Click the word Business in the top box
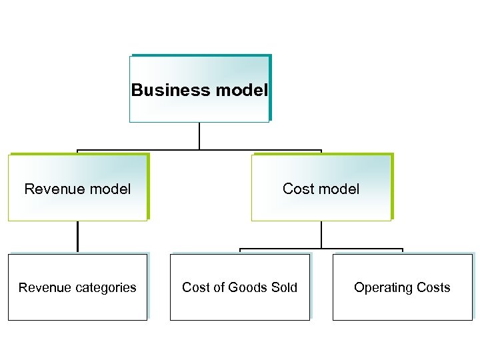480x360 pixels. click(162, 90)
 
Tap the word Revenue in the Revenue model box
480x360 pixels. click(51, 189)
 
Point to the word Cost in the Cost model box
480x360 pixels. click(296, 189)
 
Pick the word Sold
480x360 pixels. click(285, 288)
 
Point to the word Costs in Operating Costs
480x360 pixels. click(433, 288)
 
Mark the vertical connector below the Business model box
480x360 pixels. click(199, 136)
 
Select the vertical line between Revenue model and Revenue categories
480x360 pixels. click(77, 237)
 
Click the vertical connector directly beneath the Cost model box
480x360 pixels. click(321, 235)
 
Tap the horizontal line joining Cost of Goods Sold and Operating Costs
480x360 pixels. click(321, 249)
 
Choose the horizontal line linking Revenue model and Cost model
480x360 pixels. click(199, 150)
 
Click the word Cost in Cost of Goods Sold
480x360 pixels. click(196, 288)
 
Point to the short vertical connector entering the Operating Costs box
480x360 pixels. click(403, 251)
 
